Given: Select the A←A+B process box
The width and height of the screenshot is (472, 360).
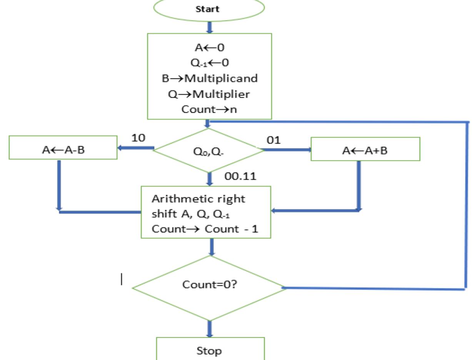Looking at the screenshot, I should (365, 149).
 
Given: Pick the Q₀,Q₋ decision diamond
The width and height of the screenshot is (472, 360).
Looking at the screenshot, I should (209, 150).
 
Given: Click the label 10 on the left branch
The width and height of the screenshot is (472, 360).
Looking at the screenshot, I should (138, 138).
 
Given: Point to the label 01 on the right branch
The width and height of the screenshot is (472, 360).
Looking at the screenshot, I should (274, 140).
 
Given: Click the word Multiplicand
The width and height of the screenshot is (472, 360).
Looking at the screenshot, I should (221, 78).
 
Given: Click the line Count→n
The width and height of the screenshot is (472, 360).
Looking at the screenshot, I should (209, 109).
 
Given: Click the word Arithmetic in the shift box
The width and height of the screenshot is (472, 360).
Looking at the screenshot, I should (178, 199).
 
